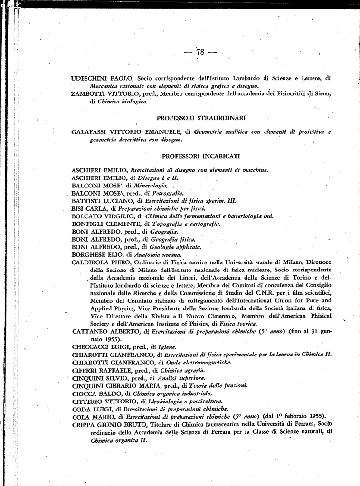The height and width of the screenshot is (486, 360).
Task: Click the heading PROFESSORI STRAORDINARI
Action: [x=201, y=117]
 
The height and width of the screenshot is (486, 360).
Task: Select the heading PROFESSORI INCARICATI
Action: [x=201, y=156]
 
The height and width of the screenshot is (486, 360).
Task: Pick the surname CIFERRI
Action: [x=85, y=371]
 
